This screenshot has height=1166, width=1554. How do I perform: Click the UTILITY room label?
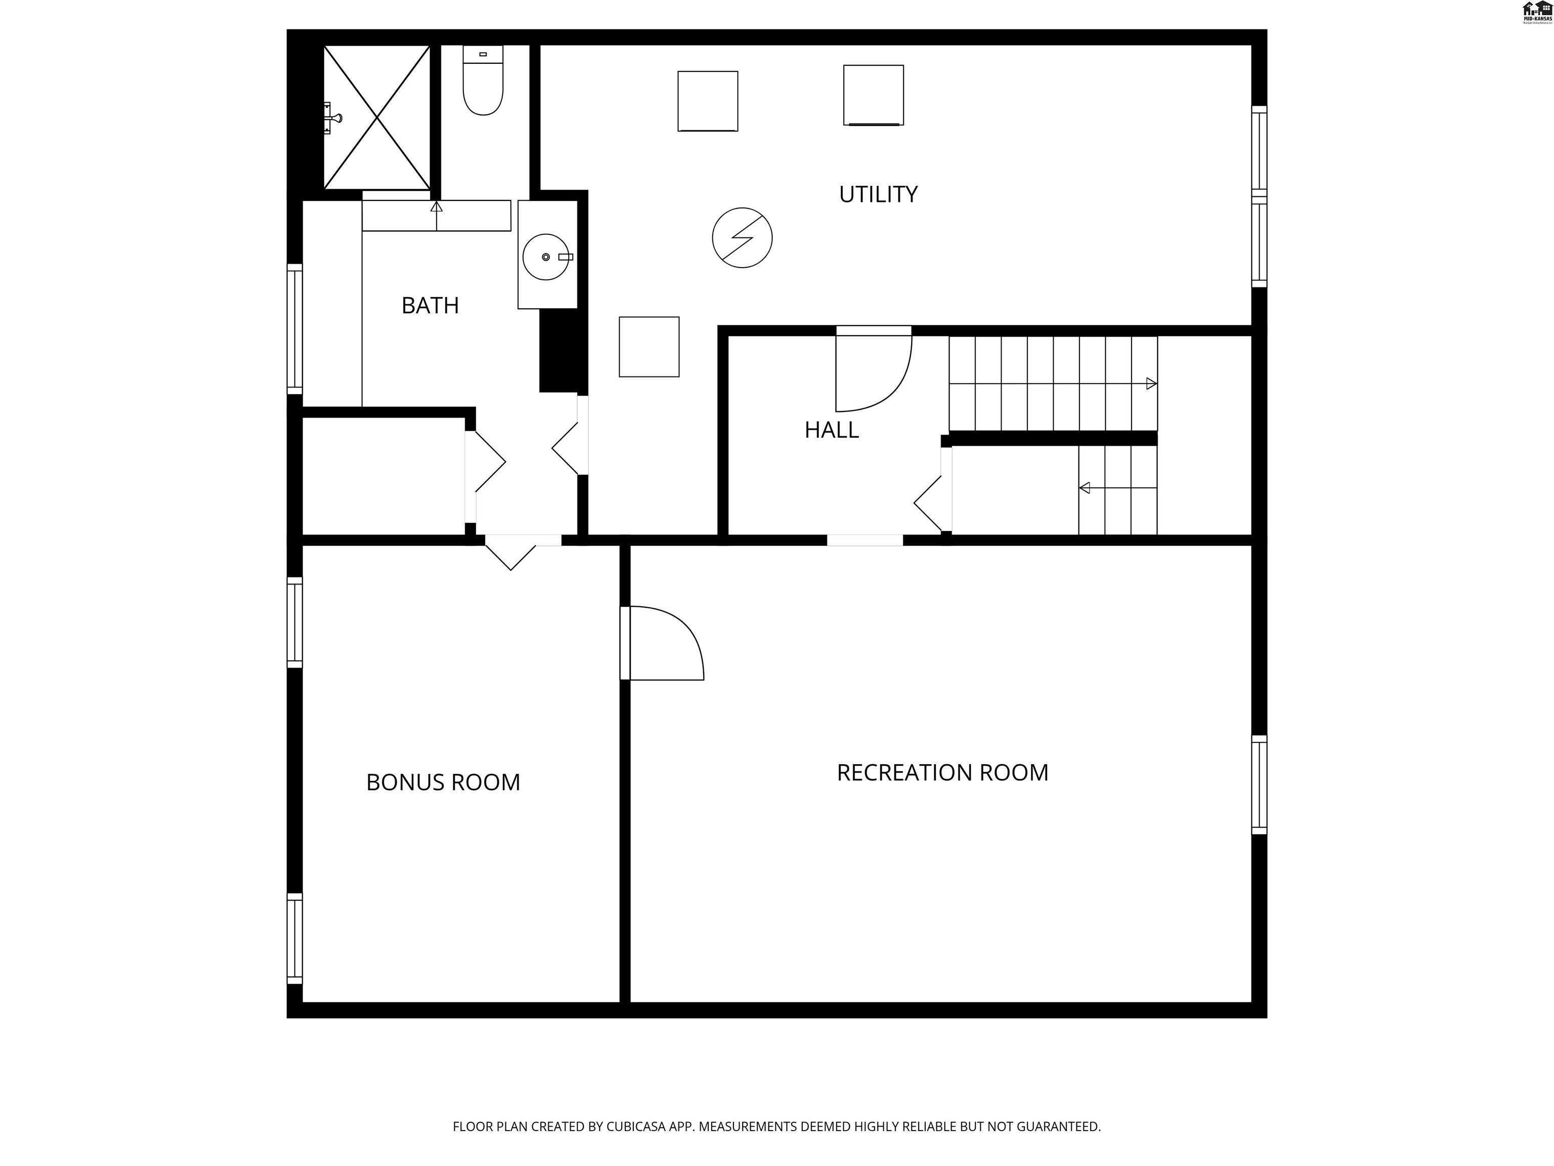coord(878,194)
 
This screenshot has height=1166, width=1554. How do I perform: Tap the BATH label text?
coord(430,305)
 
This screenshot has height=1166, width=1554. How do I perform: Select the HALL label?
coord(831,430)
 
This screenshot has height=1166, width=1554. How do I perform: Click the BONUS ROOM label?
coord(443,782)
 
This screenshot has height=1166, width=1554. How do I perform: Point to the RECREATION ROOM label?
coord(942,772)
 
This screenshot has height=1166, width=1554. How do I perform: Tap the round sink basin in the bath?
coord(545,257)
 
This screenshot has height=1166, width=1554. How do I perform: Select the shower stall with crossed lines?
coord(377,117)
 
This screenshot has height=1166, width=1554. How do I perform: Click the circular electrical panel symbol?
coord(742,237)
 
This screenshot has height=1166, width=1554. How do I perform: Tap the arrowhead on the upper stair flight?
coord(1151,384)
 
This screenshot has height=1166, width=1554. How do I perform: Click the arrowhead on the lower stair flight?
coord(1085,488)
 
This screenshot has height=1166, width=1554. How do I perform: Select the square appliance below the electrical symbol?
coord(649,347)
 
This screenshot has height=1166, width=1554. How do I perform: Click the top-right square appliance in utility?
coord(873,95)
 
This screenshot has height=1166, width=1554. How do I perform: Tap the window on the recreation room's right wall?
coord(1259,784)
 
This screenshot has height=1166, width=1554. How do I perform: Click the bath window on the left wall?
coord(294,329)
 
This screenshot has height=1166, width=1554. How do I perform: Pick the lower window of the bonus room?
coord(294,939)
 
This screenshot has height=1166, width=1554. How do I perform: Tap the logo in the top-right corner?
coord(1536,12)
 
